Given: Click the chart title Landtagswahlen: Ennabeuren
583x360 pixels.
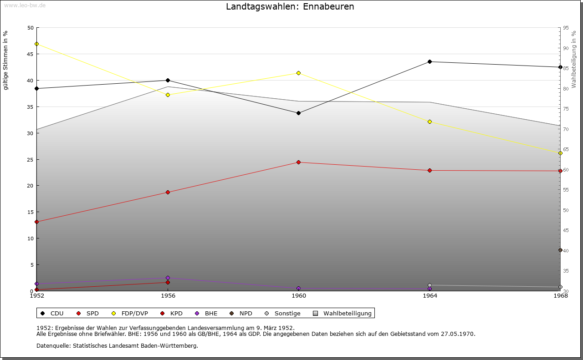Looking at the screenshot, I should [x=290, y=7].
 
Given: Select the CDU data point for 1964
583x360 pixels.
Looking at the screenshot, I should [x=430, y=62].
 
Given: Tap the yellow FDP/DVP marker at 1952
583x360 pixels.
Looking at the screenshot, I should [x=36, y=44].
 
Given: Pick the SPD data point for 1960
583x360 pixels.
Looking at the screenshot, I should [x=298, y=162].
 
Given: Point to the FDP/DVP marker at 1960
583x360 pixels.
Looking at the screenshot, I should [x=298, y=73].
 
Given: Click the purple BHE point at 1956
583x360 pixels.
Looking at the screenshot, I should [x=168, y=278].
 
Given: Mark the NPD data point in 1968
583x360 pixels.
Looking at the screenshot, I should [x=560, y=250].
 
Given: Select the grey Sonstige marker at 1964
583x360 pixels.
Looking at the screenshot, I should [x=430, y=285].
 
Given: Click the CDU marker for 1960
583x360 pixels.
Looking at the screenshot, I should [x=298, y=113].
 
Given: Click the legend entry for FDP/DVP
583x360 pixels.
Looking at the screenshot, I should [x=130, y=314].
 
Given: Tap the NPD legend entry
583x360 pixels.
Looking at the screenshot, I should [x=241, y=314].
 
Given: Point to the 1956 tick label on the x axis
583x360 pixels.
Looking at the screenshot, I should [x=168, y=296].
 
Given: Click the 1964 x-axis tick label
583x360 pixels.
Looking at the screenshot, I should [x=430, y=296].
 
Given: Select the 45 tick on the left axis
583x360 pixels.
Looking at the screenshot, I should [x=30, y=54].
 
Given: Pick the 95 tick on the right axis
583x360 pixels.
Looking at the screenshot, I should [x=566, y=28].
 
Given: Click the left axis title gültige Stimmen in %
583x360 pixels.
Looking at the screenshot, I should [x=6, y=61].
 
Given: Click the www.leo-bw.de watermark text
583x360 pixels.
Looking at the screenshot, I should [x=25, y=5].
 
